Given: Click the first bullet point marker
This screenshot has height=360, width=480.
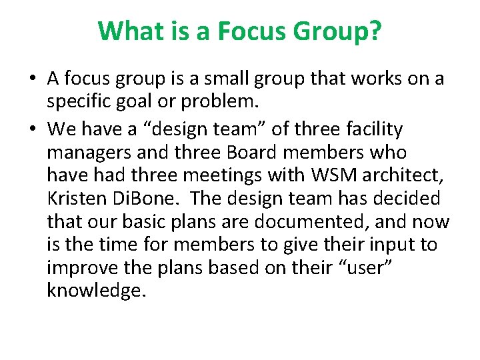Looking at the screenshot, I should tap(33, 79).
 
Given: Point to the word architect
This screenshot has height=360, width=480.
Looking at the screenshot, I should tap(399, 175).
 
